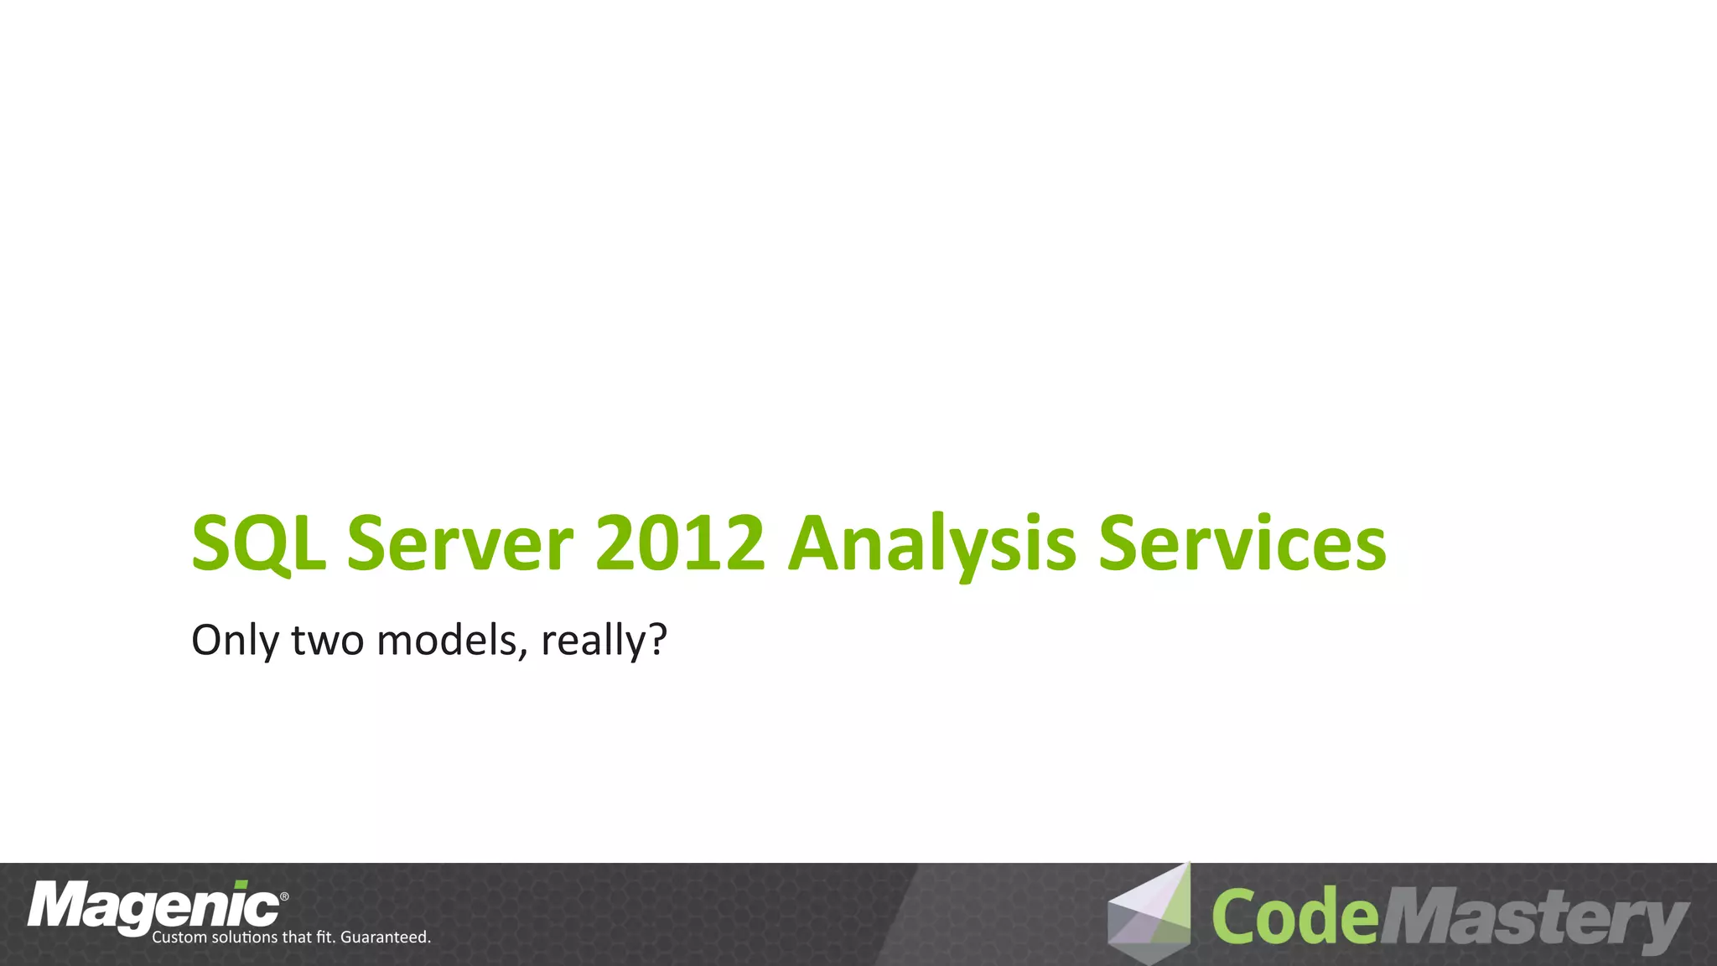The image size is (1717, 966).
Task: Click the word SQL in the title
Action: click(258, 545)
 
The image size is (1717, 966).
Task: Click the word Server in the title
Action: click(460, 545)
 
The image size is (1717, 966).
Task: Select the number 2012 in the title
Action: click(680, 545)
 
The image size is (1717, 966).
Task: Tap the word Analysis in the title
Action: click(931, 545)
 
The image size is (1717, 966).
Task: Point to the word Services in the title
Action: click(1242, 545)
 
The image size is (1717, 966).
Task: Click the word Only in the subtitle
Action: click(235, 641)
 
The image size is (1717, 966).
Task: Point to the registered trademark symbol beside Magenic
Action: click(284, 897)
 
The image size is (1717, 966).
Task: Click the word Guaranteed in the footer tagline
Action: click(385, 937)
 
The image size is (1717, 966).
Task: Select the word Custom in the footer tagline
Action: click(179, 937)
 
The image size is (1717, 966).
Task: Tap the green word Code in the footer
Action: click(1294, 917)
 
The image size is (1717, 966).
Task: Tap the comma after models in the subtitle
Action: click(524, 655)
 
